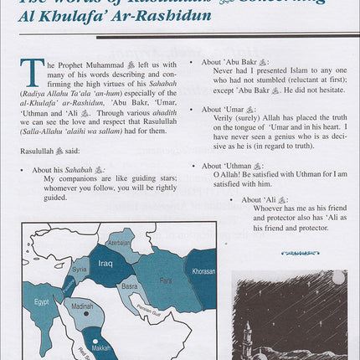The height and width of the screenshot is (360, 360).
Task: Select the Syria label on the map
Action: pos(79,270)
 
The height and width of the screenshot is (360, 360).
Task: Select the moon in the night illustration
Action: pos(339,276)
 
